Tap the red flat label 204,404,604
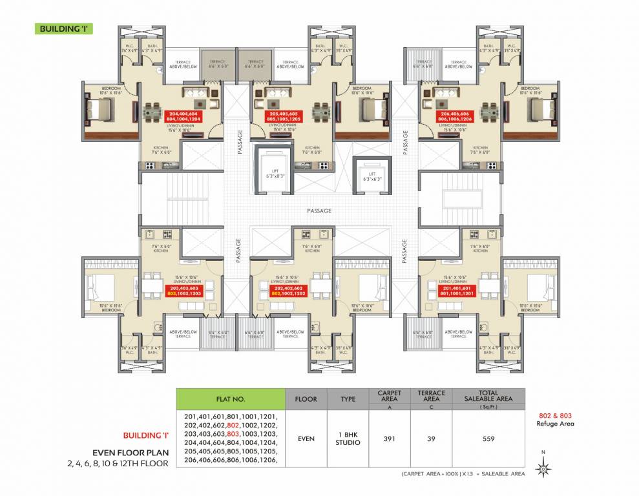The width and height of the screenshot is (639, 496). [x=186, y=114]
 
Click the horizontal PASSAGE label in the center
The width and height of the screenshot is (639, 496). [x=319, y=211]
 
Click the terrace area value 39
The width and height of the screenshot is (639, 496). [x=431, y=439]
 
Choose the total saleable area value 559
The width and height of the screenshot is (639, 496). [x=488, y=439]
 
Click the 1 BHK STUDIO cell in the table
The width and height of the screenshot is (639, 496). [x=348, y=439]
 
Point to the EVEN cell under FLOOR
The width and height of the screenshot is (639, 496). [x=306, y=439]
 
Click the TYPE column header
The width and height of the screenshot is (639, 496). [x=348, y=398]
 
